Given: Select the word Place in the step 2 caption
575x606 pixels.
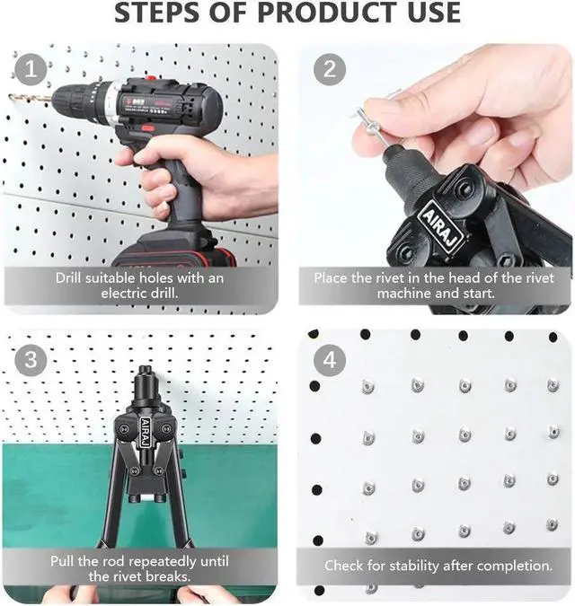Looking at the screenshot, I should point(331,277).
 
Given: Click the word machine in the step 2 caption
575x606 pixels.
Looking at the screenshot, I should point(407,293).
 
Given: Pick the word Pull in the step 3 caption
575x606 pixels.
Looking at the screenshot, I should point(66,561).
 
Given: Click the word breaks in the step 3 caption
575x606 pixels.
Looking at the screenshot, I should point(169,576).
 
